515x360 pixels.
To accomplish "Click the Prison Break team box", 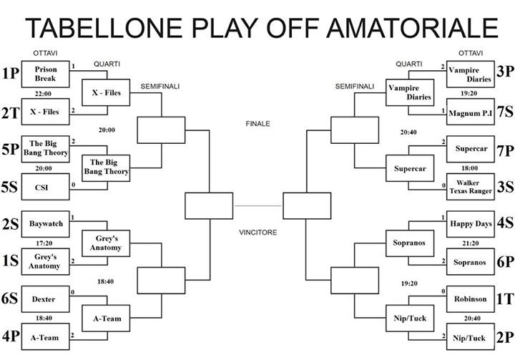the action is coord(45,74).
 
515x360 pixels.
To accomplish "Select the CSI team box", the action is coord(45,187).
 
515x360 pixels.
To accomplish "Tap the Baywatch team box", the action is coord(45,224).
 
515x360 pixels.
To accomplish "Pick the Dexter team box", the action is coord(45,299).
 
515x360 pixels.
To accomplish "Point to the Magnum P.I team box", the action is coord(471,112).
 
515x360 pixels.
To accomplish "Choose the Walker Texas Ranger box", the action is coord(471,187).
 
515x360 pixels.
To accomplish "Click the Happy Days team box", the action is coord(471,224).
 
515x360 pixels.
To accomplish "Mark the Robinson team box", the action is coord(471,299).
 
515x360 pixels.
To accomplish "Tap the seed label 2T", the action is coord(11,113).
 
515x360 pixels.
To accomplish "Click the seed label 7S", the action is coord(505,112).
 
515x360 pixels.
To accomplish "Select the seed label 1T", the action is coord(505,299).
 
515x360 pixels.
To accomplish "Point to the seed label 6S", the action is coord(9,298).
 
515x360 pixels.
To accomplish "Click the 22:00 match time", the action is coord(43,94).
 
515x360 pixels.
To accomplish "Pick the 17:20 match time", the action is coord(44,243).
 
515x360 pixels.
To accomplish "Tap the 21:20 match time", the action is coord(471,243).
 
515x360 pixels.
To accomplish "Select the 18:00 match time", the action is coord(469,168).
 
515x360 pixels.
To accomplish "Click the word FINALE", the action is coord(257,124).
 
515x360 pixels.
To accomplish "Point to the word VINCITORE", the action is coord(257,233).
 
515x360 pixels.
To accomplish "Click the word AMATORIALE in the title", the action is coord(413,29).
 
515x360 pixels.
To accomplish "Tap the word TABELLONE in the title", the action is coord(104,29).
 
